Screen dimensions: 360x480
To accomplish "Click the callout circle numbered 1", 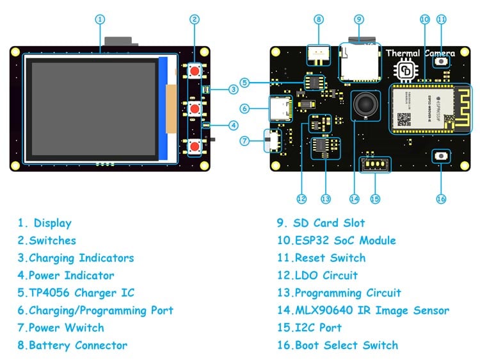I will click(99, 19).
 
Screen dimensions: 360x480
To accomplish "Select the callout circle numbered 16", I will click(440, 199).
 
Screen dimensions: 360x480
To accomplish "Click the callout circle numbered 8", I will click(319, 19).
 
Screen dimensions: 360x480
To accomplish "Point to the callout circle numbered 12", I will click(301, 199).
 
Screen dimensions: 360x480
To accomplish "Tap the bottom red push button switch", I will click(193, 147).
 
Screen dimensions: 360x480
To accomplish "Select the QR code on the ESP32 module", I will click(404, 119).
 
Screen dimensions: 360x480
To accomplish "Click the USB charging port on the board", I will click(280, 108).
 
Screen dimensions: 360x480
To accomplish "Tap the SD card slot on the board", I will click(358, 62).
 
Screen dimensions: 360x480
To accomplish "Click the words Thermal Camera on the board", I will click(420, 54).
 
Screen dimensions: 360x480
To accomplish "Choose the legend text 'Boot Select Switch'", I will click(346, 345).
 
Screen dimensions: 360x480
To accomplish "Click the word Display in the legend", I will click(52, 224).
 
